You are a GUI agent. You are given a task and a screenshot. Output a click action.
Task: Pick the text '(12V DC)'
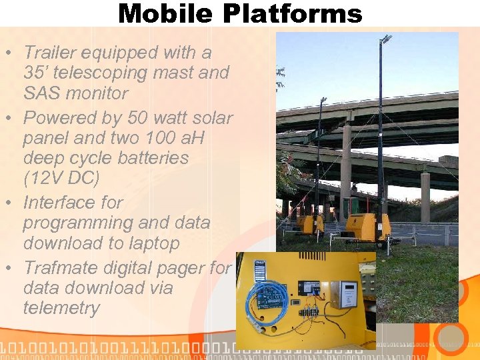[61, 178]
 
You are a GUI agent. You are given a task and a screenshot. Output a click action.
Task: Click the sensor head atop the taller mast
[385, 40]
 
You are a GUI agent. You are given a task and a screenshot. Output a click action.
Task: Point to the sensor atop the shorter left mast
[323, 101]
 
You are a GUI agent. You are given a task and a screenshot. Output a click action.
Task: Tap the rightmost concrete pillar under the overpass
[425, 197]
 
